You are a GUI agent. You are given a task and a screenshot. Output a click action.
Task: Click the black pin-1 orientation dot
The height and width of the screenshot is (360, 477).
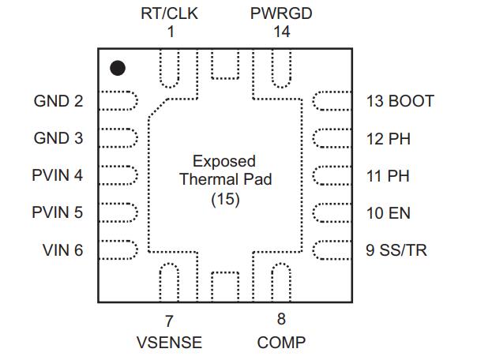[x=117, y=68]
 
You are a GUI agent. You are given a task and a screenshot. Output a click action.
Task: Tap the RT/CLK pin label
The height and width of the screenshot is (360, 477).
[x=168, y=13]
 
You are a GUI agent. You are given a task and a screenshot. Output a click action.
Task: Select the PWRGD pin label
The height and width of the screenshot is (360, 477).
[x=281, y=13]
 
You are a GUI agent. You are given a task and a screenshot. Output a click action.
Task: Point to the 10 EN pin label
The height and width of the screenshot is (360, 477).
[x=388, y=213]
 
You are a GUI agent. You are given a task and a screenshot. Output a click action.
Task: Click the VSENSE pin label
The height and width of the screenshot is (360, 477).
[x=169, y=343]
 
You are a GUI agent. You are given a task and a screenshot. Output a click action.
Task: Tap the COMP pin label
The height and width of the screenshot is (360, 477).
[x=281, y=343]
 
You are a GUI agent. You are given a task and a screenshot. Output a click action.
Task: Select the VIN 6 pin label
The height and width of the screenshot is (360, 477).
[x=62, y=251]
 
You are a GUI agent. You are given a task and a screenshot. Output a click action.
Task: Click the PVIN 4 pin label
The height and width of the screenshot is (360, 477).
[x=58, y=175]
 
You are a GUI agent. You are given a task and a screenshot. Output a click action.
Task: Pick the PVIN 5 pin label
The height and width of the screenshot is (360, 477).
[x=58, y=213]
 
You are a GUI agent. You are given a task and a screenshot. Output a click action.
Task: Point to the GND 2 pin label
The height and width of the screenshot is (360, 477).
[x=58, y=101]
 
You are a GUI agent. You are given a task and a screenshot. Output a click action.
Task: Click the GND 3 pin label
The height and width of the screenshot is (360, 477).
[x=58, y=138]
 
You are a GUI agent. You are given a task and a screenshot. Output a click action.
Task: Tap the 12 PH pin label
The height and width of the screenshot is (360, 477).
[x=388, y=138]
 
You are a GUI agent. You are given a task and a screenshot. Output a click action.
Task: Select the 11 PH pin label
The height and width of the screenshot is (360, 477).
[x=388, y=175]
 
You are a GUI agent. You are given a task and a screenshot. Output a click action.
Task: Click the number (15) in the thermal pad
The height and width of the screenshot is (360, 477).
[x=225, y=200]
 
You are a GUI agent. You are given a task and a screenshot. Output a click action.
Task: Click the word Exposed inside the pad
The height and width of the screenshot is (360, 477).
[x=224, y=161]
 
